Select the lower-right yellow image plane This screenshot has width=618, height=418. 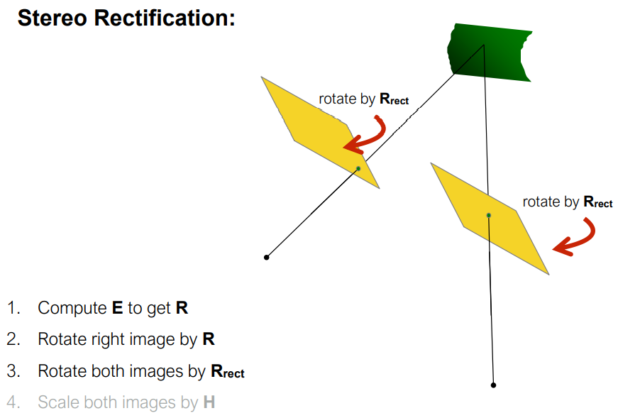click(490, 216)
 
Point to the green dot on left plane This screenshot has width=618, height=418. click(358, 168)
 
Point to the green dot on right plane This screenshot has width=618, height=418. click(488, 214)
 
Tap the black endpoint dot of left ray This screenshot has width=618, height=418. click(267, 257)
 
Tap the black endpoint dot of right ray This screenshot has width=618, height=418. click(494, 385)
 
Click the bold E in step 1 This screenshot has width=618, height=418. click(118, 308)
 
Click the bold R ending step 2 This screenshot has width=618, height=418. click(209, 339)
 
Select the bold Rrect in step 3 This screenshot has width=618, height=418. click(227, 371)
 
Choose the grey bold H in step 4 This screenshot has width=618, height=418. click(209, 402)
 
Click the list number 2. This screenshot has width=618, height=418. click(13, 339)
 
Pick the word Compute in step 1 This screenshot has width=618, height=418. click(72, 308)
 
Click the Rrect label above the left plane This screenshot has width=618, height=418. click(394, 99)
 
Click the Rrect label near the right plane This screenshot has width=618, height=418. click(597, 202)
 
